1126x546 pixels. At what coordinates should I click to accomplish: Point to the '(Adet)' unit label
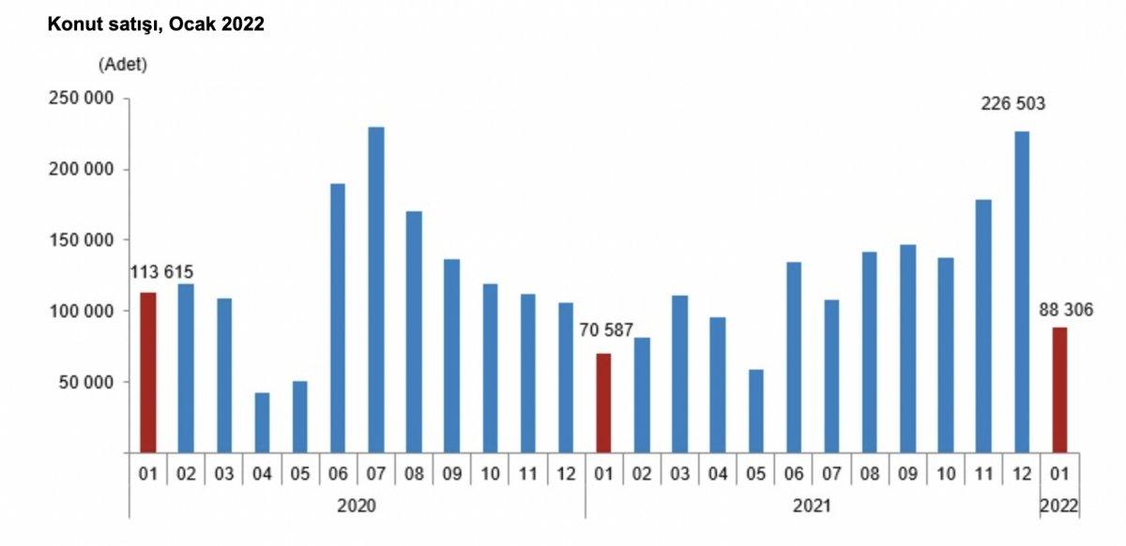(122, 65)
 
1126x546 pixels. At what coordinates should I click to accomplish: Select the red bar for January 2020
(148, 372)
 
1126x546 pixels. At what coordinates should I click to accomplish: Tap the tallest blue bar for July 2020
(375, 290)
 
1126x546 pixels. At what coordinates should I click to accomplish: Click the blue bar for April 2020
(262, 422)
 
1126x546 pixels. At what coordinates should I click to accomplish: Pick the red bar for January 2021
(603, 402)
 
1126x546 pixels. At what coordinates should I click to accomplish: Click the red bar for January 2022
(1058, 389)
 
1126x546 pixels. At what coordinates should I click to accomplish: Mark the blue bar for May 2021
(755, 411)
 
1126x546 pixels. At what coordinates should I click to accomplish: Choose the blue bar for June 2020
(338, 318)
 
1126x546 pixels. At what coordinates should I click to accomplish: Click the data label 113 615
(161, 272)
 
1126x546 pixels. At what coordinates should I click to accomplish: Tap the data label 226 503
(1013, 103)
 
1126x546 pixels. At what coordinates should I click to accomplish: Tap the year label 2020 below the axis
(356, 506)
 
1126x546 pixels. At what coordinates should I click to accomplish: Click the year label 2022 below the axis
(1058, 506)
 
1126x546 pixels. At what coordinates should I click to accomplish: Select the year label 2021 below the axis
(812, 506)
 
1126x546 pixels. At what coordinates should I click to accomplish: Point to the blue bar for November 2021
(983, 326)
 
